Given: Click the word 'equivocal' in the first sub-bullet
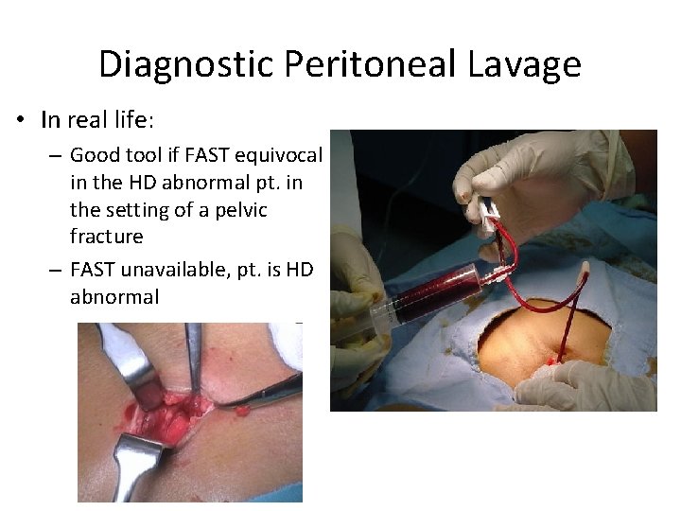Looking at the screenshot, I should point(282,154).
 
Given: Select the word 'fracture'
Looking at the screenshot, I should point(107,236).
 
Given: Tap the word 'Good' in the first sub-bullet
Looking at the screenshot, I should point(93,154).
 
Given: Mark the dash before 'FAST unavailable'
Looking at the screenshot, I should point(56,271).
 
